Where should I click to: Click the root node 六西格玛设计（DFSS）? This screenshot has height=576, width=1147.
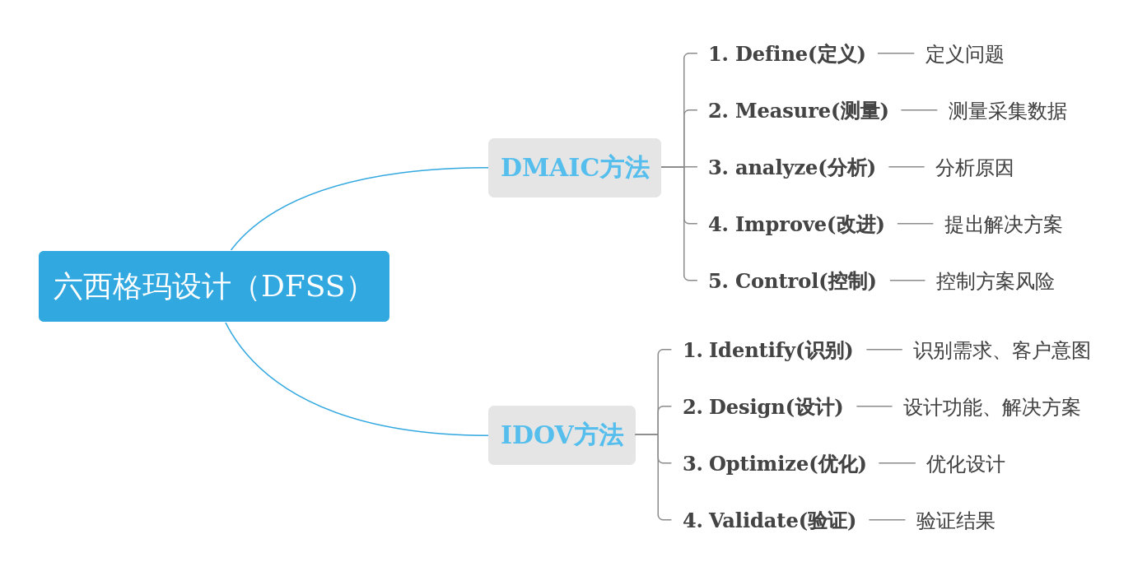point(213,286)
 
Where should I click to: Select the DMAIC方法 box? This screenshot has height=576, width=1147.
point(574,168)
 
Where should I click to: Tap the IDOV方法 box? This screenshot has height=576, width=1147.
point(562,435)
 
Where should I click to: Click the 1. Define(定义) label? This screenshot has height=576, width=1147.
point(786,54)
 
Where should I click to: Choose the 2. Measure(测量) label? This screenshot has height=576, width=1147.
point(798,111)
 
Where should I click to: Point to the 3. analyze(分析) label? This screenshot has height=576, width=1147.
point(791,168)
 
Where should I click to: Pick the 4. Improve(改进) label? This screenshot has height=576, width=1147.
point(795,225)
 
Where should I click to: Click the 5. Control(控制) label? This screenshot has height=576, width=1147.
point(791,281)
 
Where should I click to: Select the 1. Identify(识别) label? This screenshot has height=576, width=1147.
point(767,351)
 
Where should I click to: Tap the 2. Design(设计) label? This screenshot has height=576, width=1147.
point(762,407)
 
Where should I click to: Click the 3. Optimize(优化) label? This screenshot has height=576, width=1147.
point(774,464)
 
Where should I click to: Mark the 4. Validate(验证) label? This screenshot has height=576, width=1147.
point(769,521)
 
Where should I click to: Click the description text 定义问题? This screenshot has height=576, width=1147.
point(964,54)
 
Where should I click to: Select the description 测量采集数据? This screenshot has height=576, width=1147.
point(1007,111)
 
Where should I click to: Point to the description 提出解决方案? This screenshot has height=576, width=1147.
point(1003,225)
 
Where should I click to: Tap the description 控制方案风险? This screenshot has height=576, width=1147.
point(995,281)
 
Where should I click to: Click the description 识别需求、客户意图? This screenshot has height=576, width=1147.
point(1001,351)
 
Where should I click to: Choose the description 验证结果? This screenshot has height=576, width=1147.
point(955,521)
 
